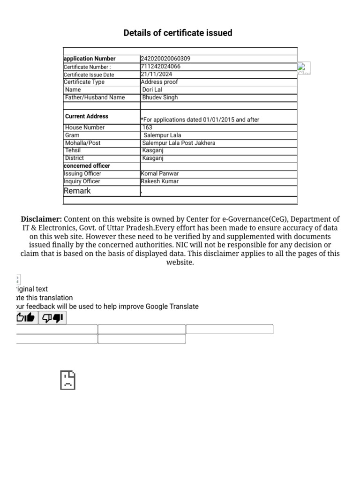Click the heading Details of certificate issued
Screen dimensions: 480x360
pos(178,33)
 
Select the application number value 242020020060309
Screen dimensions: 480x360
pos(165,59)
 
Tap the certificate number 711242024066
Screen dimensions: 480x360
pos(160,67)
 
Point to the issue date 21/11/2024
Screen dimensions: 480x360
pos(157,74)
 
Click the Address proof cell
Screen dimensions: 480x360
pos(159,82)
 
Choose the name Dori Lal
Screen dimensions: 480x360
pos(152,90)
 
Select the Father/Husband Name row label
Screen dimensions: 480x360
pos(95,97)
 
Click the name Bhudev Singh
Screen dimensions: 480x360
pos(160,97)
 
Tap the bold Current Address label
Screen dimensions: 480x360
pos(87,116)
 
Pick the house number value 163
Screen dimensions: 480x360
pos(147,127)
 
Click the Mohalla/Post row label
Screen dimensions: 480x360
pos(82,143)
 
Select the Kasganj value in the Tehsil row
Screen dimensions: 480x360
pos(153,150)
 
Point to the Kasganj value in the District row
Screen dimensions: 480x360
pos(153,158)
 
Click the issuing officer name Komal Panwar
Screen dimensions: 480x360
pos(160,173)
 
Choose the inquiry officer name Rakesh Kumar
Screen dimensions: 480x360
pos(160,181)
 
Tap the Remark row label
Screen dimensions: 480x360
pos(77,191)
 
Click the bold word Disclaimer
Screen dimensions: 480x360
pos(41,219)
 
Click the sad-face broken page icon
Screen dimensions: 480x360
pos(67,380)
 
